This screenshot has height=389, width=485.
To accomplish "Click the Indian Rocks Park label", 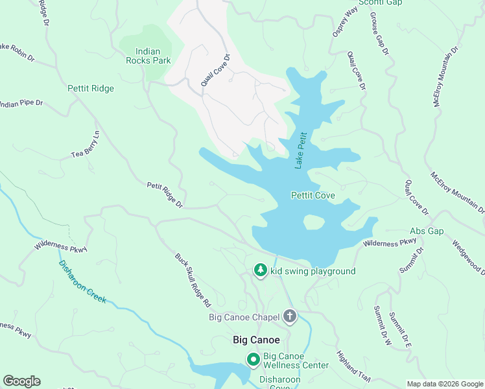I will tap(153, 56).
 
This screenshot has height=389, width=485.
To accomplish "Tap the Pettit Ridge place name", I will tap(90, 89).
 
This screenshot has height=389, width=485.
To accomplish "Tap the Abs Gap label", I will tap(426, 231).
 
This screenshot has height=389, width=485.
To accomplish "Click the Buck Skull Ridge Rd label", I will tap(193, 279).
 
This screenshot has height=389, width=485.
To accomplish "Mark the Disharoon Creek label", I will tap(82, 282).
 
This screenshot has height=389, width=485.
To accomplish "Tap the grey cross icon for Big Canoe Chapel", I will tap(289, 317).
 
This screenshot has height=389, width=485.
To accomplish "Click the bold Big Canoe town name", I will tap(257, 340).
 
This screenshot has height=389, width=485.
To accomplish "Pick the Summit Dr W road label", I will tap(381, 325).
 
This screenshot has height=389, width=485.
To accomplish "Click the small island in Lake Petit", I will tap(314, 222).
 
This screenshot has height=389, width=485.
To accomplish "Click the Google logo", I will tap(21, 381).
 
